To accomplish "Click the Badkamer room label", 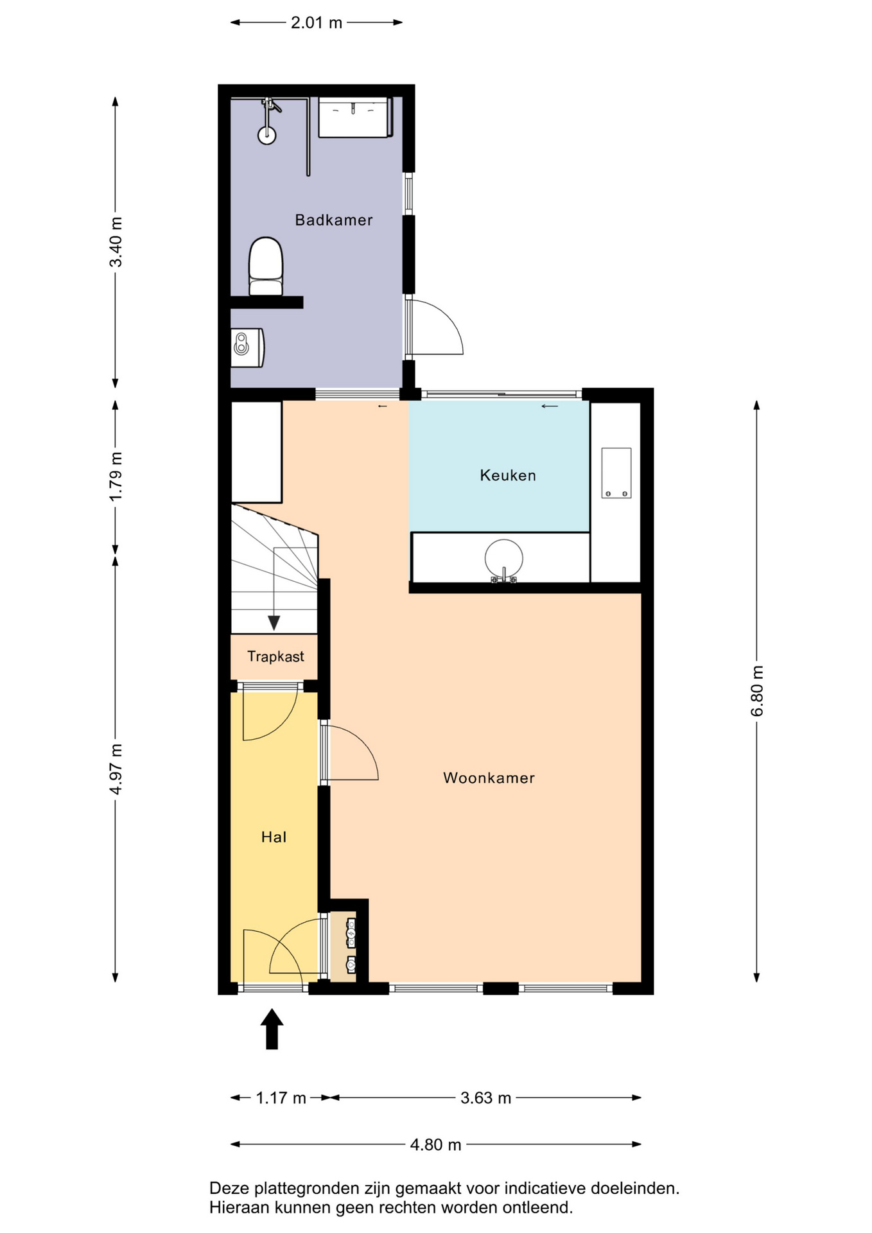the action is pos(333,220).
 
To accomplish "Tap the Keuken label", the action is pos(508,475).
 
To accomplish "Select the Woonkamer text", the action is pos(489,778).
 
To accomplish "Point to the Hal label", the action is pos(274,837).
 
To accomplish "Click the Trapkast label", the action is pos(275,656).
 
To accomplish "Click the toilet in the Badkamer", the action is pos(266,267).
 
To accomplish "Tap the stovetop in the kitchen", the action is pos(616,473).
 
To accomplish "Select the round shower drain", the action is pos(267,135).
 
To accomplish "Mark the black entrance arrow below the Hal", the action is pos(272,1029).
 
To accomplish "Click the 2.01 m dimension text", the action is pos(317,22).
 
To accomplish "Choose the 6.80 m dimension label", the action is pos(758,691).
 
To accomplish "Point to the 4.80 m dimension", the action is pos(435,1144).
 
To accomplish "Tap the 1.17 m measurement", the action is pos(281,1097).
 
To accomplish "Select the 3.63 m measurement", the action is pos(485,1097).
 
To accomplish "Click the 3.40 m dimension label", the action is pos(116,242).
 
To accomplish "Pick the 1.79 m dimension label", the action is pos(116,477).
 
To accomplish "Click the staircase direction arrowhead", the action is pos(274,623).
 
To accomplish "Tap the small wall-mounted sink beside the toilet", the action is pos(247,347).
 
